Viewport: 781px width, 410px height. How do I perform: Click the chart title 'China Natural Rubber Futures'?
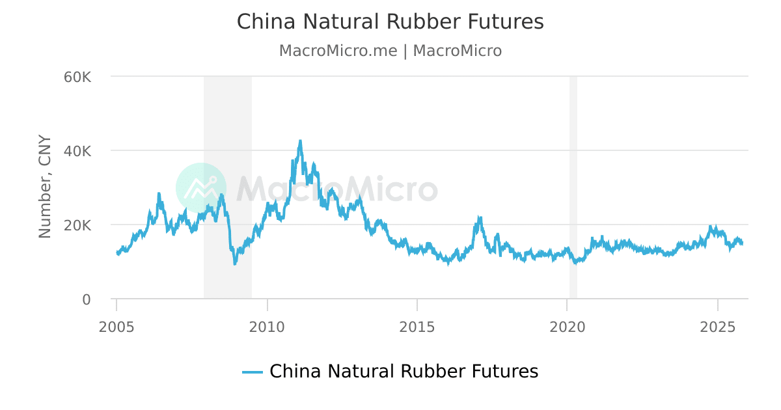pyautogui.click(x=390, y=21)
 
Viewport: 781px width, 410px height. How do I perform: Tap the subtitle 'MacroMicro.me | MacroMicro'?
pyautogui.click(x=390, y=51)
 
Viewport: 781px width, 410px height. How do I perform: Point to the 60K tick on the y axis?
pyautogui.click(x=77, y=77)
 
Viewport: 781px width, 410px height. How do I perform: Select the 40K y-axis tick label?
pyautogui.click(x=77, y=151)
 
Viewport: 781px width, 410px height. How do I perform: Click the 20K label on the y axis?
pyautogui.click(x=77, y=225)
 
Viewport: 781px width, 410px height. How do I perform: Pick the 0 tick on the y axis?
pyautogui.click(x=86, y=299)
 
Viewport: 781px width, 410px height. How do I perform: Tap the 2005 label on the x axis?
pyautogui.click(x=117, y=325)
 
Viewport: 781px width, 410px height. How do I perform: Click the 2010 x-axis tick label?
pyautogui.click(x=267, y=325)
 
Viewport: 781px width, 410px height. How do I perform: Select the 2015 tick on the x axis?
pyautogui.click(x=417, y=325)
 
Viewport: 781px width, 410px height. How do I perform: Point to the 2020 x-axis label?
pyautogui.click(x=568, y=325)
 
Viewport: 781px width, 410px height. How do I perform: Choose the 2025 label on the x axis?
pyautogui.click(x=717, y=325)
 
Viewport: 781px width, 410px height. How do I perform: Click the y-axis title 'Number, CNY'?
pyautogui.click(x=45, y=187)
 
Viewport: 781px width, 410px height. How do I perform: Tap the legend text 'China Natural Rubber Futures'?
pyautogui.click(x=404, y=372)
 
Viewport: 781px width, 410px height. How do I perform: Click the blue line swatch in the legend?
pyautogui.click(x=252, y=372)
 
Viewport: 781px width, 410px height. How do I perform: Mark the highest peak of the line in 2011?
pyautogui.click(x=300, y=141)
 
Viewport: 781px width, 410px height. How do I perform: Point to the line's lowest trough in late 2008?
pyautogui.click(x=235, y=264)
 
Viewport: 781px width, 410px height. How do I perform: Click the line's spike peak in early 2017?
pyautogui.click(x=480, y=217)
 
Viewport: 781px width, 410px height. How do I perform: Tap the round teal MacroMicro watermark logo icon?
pyautogui.click(x=201, y=188)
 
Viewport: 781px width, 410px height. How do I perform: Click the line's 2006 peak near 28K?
pyautogui.click(x=158, y=193)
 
